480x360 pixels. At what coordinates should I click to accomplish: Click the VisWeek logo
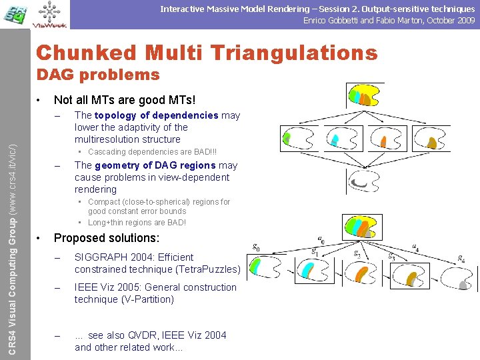tap(49, 15)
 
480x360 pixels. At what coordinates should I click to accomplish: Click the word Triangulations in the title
tap(280, 52)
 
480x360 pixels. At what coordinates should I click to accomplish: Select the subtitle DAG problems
tap(97, 74)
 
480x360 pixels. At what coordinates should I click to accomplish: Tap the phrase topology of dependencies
tap(156, 115)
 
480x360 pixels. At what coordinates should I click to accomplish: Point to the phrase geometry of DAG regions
tap(155, 165)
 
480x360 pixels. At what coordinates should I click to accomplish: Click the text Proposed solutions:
tap(107, 238)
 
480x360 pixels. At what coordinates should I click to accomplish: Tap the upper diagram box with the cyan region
tap(342, 139)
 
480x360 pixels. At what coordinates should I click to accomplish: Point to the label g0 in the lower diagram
tap(257, 247)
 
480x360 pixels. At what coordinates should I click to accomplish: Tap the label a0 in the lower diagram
tap(321, 239)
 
